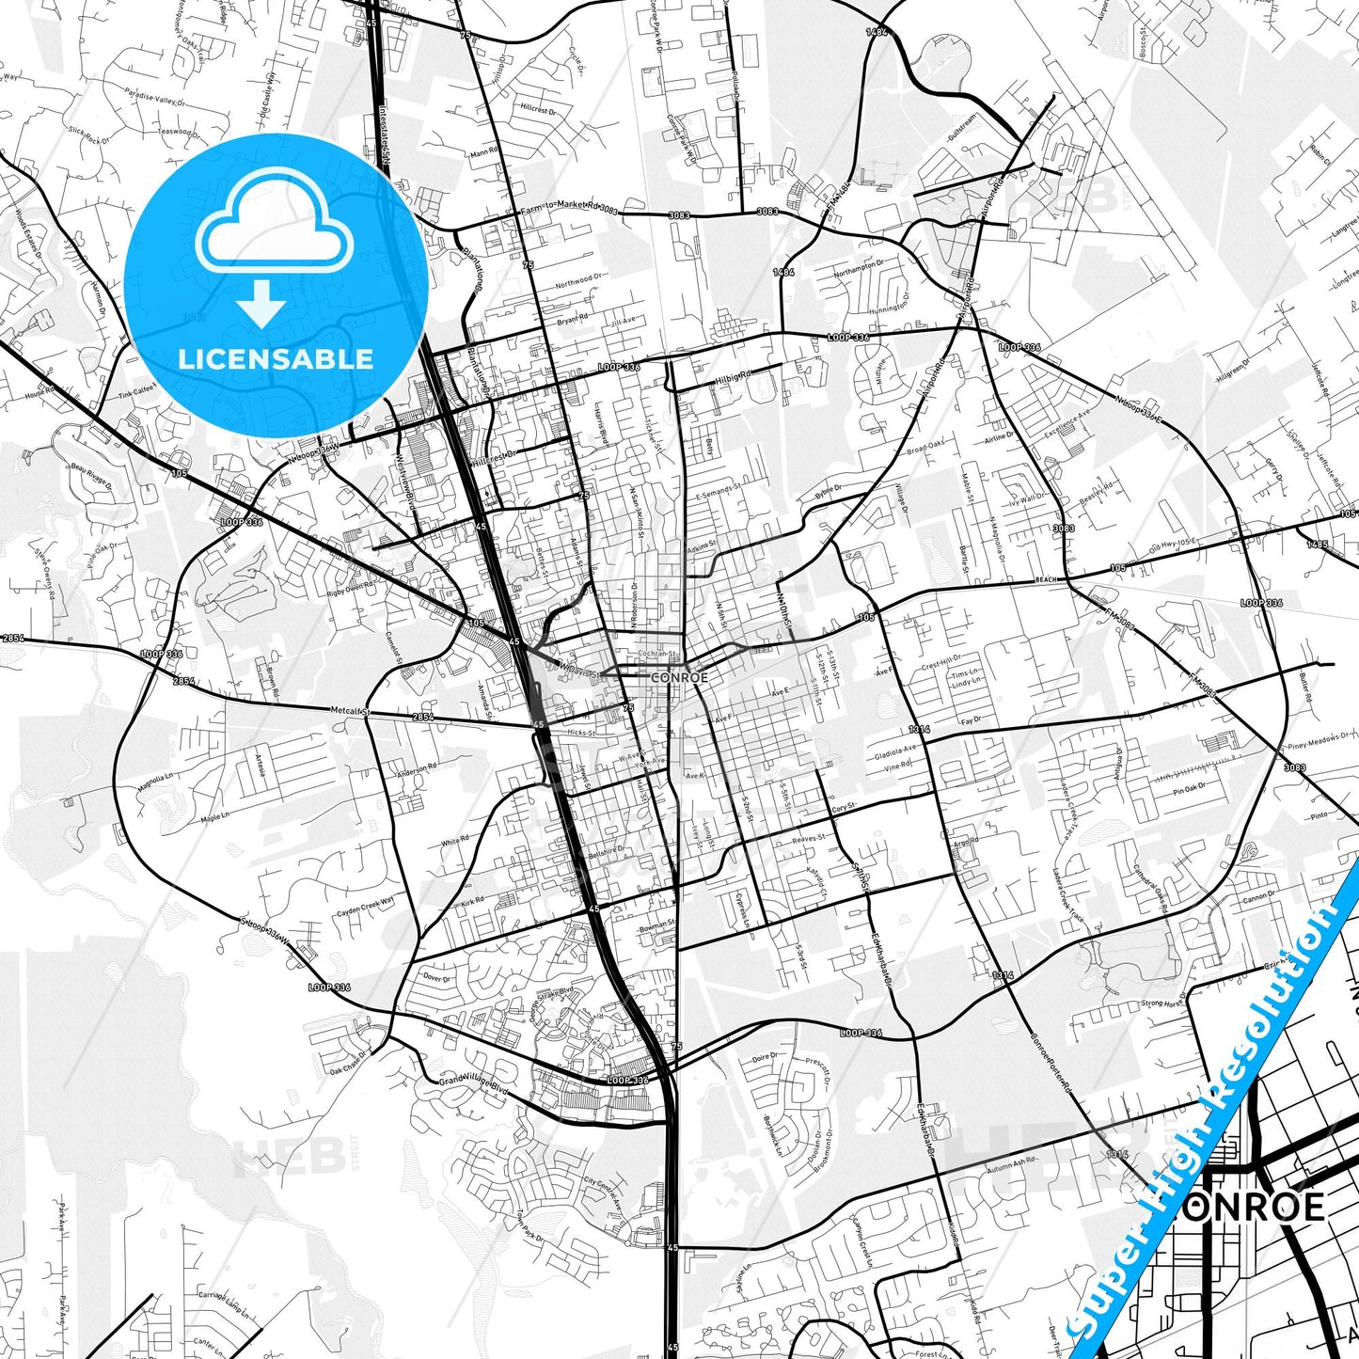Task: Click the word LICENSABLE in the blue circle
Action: point(276,359)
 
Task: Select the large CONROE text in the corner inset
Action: point(1251,1207)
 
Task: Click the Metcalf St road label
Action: point(351,711)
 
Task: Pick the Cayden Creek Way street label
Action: point(366,912)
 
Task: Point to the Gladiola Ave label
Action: point(895,752)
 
